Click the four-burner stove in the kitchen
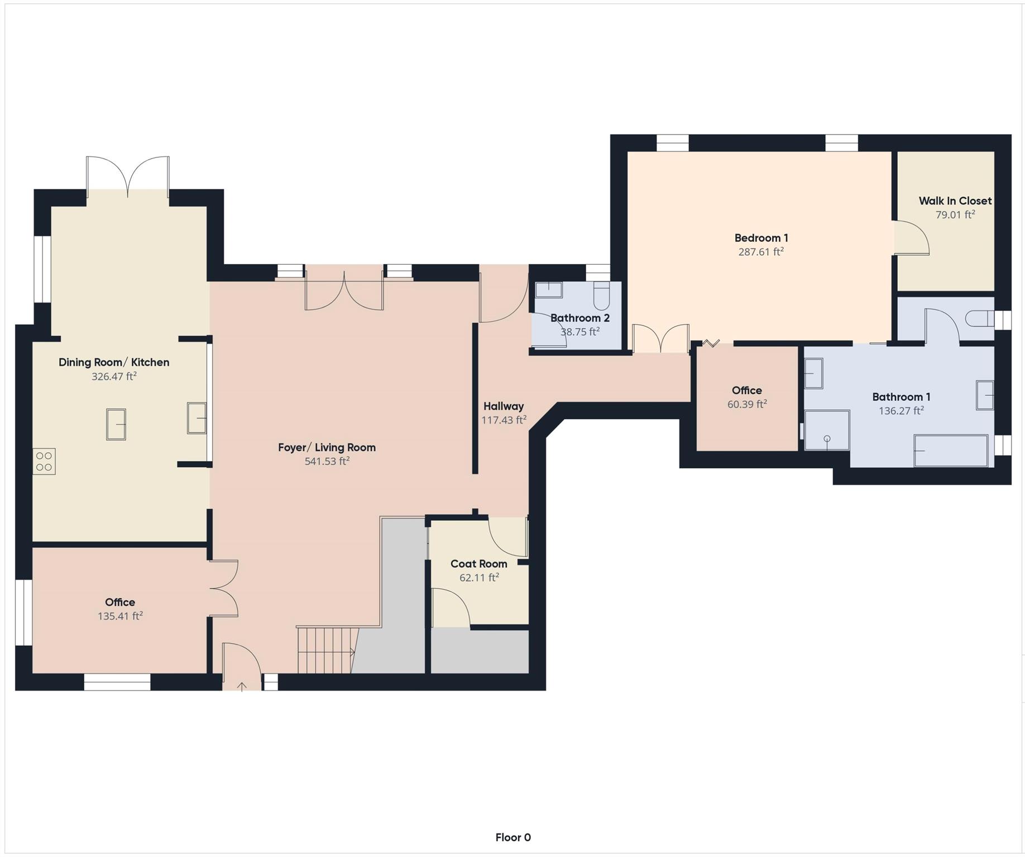[44, 461]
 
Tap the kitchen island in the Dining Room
[116, 424]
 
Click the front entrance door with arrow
[241, 667]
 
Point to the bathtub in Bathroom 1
[950, 451]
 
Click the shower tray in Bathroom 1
[827, 430]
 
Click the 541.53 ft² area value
[327, 461]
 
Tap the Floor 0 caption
[512, 837]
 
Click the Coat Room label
[478, 564]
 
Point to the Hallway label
[504, 406]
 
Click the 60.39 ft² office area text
[746, 404]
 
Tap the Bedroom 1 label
[761, 238]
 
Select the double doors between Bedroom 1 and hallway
[660, 338]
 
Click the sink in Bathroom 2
[548, 290]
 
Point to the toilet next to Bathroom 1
[980, 319]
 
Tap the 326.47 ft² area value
[114, 376]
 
